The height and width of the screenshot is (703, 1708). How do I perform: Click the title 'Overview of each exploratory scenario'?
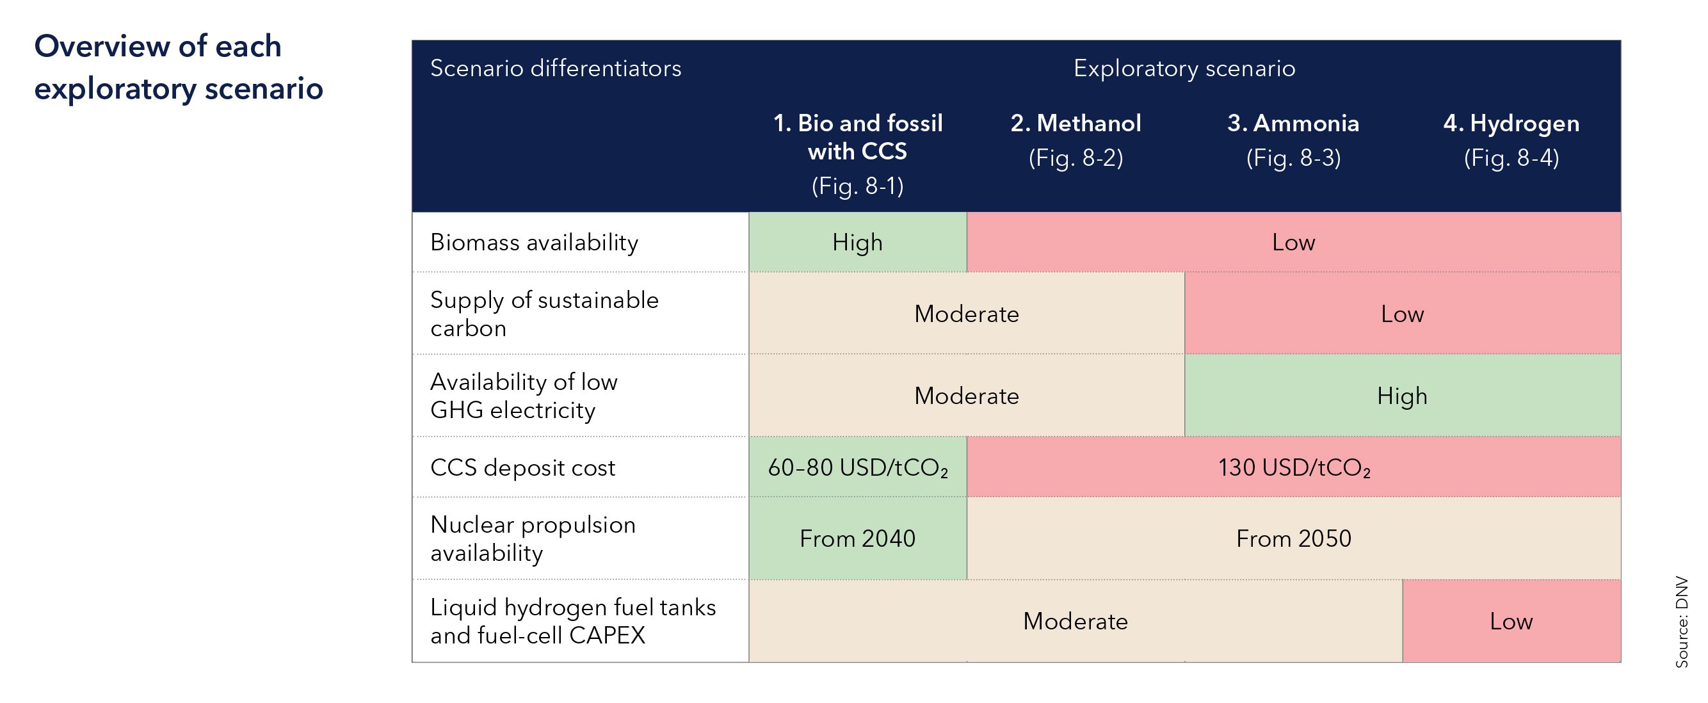[178, 67]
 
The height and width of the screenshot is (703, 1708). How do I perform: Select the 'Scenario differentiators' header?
[556, 69]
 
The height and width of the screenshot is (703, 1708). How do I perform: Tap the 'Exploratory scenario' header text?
[1184, 69]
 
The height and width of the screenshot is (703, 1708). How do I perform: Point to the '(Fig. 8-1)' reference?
[857, 186]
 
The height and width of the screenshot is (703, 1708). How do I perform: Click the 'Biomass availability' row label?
[534, 243]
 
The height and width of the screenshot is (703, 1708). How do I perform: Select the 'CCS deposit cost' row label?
[522, 467]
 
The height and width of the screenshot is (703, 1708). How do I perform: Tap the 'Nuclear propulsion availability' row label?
[533, 538]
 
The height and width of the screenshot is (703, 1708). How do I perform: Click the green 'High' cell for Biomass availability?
[857, 243]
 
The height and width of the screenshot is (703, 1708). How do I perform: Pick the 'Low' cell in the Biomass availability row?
[1293, 243]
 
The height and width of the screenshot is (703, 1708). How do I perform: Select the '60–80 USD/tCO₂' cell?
[857, 467]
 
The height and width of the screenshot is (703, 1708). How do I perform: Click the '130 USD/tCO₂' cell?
[1293, 467]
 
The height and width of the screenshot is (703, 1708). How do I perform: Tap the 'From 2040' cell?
[857, 538]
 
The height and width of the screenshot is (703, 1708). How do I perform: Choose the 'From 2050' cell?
[1293, 538]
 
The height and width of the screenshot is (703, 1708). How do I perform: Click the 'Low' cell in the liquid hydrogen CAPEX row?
[1511, 622]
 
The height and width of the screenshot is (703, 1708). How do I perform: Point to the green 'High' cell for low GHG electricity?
[1402, 396]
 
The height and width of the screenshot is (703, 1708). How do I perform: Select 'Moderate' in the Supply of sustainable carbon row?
[966, 314]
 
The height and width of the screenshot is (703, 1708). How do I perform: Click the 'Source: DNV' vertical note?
[1682, 622]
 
